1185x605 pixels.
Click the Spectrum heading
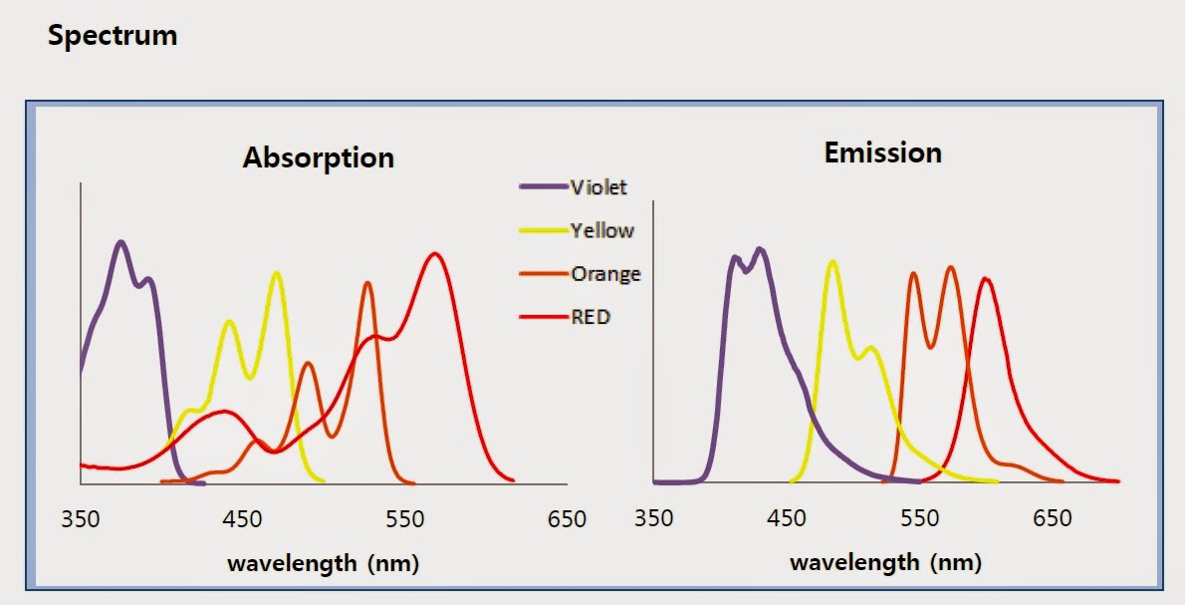pos(113,36)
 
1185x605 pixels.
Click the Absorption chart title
pos(318,157)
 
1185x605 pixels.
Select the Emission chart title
pos(882,152)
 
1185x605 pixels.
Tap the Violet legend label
pos(598,187)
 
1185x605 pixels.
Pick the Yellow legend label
pos(601,230)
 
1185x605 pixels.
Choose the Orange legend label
pos(605,273)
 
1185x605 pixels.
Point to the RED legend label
pos(591,317)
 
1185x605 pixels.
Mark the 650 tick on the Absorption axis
pos(567,519)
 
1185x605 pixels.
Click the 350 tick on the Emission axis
pos(653,519)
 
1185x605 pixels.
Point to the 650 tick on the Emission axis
pos(1052,519)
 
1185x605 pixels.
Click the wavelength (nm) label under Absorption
pos(323,563)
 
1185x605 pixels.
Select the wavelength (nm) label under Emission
pos(885,563)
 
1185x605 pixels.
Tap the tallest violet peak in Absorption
pos(121,242)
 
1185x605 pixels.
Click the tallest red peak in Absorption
pos(434,253)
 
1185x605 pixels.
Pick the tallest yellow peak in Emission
pos(831,262)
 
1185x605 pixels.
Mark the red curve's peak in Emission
pos(985,279)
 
